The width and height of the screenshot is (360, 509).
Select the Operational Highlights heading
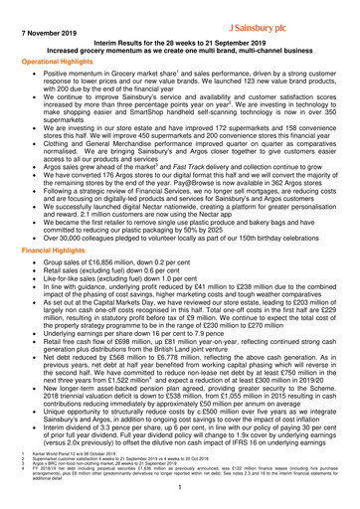click(x=62, y=61)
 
